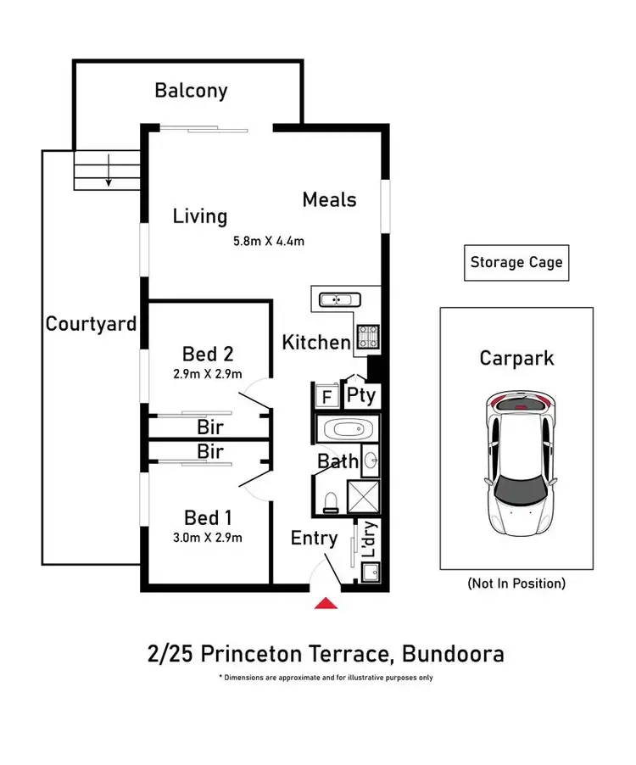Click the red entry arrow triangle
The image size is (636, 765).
click(x=326, y=603)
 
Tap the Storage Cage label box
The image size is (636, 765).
click(x=516, y=262)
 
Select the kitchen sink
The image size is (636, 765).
click(x=340, y=299)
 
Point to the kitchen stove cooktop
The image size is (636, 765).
click(x=368, y=337)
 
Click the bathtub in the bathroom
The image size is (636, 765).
click(x=348, y=430)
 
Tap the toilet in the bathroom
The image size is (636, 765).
click(x=332, y=503)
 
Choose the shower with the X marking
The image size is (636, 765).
click(x=363, y=497)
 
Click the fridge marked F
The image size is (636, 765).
click(x=326, y=396)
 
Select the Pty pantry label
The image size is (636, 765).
click(x=361, y=395)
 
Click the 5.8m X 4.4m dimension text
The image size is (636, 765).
click(x=269, y=241)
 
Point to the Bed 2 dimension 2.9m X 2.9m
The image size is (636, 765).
click(x=207, y=374)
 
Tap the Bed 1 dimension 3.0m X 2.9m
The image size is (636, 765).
click(x=207, y=538)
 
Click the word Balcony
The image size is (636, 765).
click(x=191, y=92)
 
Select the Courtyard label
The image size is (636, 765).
click(x=91, y=324)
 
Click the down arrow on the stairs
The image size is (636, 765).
click(x=109, y=170)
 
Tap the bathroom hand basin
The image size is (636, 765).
click(x=371, y=460)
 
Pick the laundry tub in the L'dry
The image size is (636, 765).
click(x=371, y=572)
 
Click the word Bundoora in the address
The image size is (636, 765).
click(x=453, y=654)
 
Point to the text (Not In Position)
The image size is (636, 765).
click(x=516, y=584)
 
